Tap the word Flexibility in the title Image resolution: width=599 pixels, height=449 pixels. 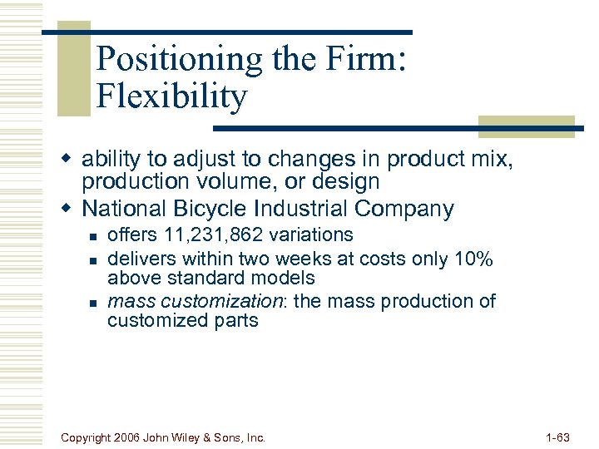[171, 97]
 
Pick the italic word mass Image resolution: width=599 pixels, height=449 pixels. [129, 301]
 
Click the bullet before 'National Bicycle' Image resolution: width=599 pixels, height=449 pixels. [72, 208]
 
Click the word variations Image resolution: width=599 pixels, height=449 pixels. [312, 235]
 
